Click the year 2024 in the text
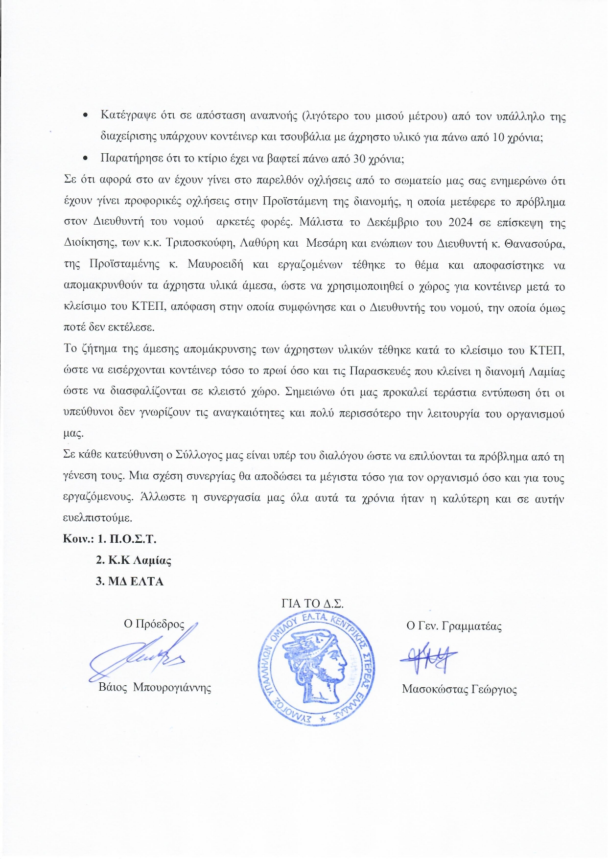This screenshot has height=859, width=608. tap(460, 222)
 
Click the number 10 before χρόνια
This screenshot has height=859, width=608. tap(498, 137)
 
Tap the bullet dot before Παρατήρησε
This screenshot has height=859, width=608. tap(86, 159)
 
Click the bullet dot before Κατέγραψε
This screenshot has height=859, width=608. tap(86, 116)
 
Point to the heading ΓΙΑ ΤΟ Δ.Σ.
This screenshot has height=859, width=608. tap(312, 604)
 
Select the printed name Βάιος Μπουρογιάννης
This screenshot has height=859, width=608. tap(155, 687)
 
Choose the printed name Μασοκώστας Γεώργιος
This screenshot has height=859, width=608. tap(459, 689)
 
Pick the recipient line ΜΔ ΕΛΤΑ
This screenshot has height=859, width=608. tap(130, 581)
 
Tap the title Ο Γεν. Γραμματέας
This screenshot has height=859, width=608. tap(454, 626)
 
